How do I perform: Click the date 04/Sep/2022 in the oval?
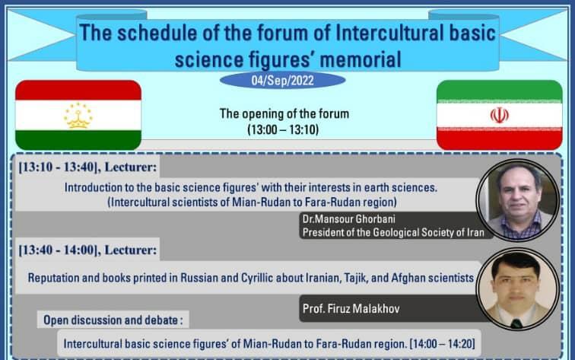(x=282, y=80)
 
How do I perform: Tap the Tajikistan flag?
(x=78, y=115)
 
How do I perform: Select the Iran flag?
(x=499, y=115)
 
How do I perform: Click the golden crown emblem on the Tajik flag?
(x=78, y=116)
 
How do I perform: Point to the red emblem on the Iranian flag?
(x=499, y=115)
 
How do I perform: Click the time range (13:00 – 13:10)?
(x=283, y=130)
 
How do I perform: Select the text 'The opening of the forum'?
(x=284, y=114)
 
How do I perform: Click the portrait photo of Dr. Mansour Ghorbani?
(x=519, y=200)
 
